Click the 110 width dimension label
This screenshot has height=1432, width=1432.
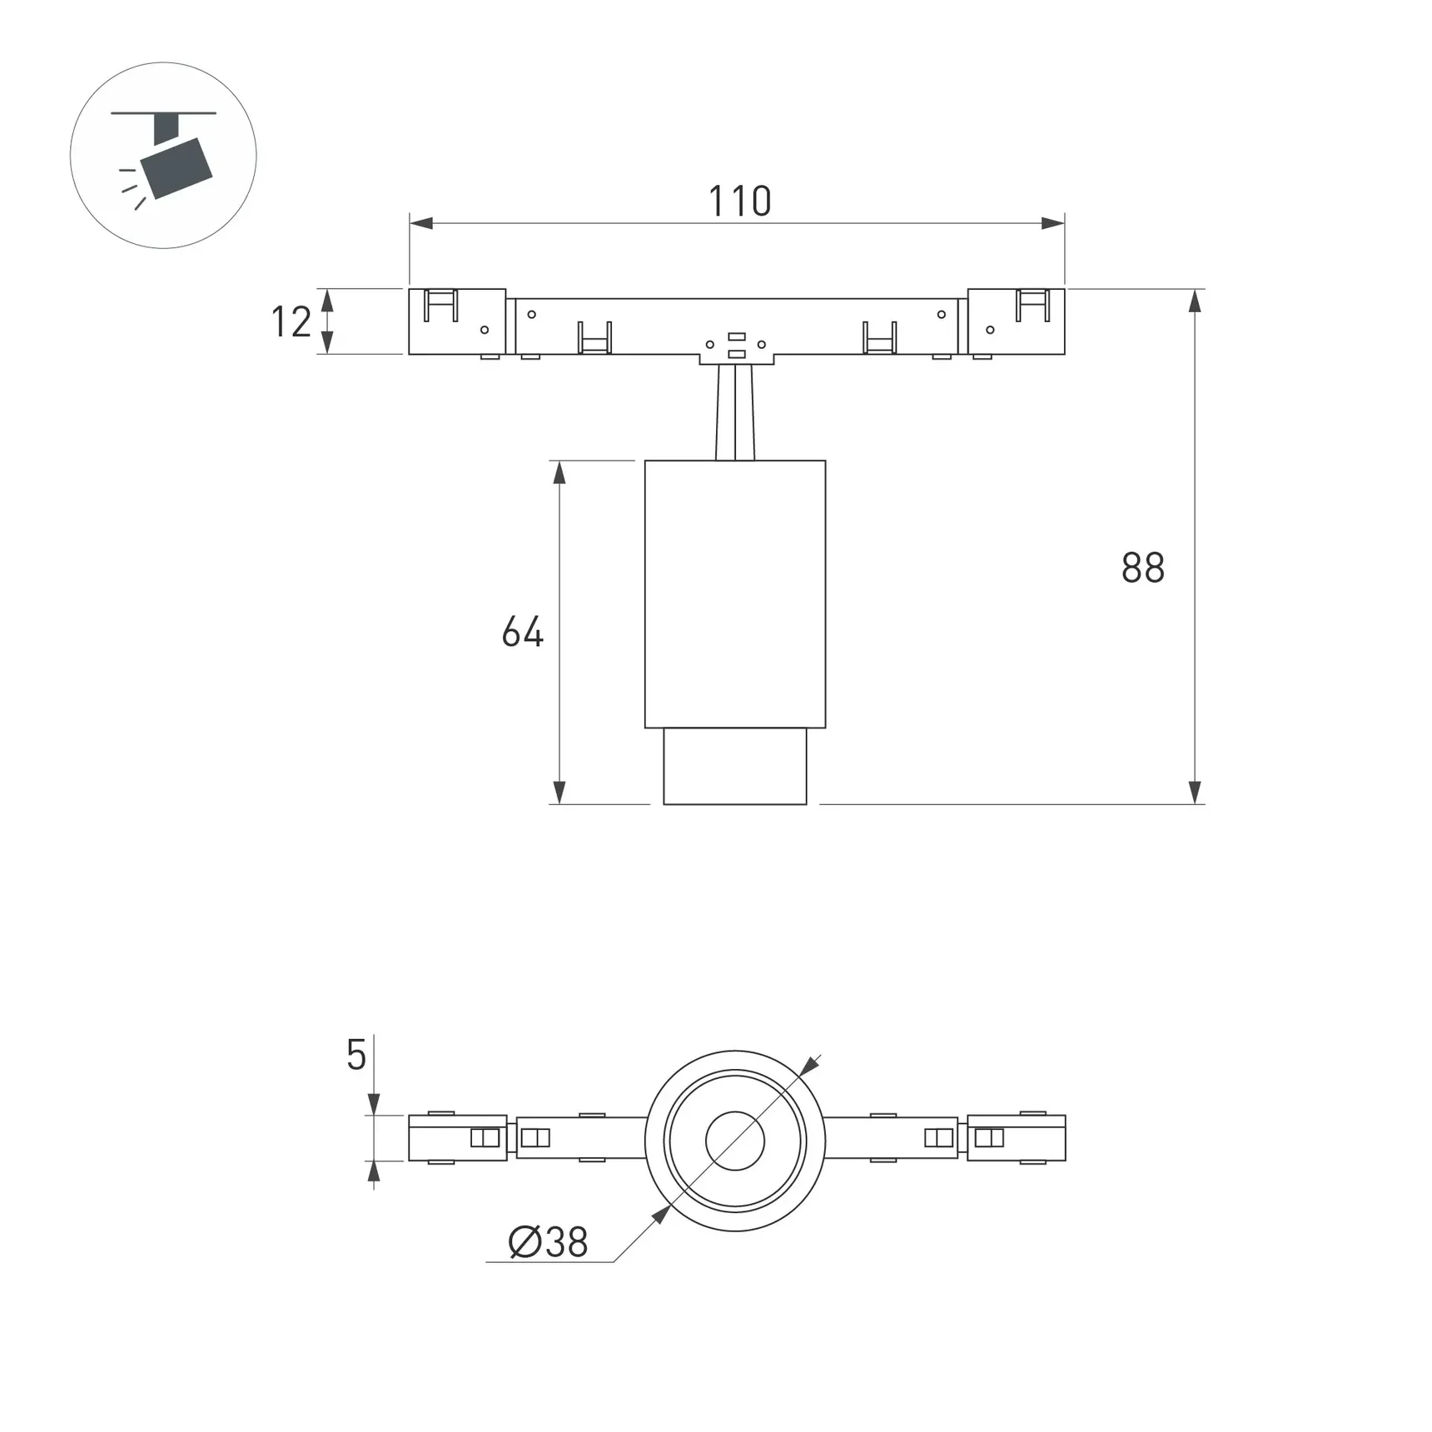(x=739, y=201)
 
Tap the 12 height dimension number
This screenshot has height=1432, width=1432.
(x=291, y=322)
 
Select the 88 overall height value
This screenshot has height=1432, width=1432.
(x=1142, y=568)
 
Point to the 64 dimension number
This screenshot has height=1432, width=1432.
(x=522, y=632)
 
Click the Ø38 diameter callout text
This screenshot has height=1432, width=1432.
(x=548, y=1243)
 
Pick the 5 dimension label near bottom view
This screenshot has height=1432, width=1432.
(x=356, y=1056)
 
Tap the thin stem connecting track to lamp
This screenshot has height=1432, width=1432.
(x=735, y=412)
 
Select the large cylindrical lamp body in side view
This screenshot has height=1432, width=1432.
(x=735, y=594)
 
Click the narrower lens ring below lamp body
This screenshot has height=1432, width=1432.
(x=735, y=767)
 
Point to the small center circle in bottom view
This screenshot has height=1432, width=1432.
(x=735, y=1141)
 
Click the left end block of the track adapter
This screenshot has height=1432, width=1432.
(x=456, y=322)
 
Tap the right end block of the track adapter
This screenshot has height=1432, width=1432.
(x=1016, y=322)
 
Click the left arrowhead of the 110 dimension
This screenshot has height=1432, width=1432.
(x=421, y=223)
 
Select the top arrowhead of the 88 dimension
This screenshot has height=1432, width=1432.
(x=1195, y=301)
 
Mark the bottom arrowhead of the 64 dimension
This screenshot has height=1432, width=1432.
(x=559, y=793)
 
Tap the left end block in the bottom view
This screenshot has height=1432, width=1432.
(x=457, y=1138)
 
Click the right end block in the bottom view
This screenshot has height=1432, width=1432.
(x=1016, y=1138)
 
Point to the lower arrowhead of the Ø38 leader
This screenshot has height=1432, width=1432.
(x=661, y=1215)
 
